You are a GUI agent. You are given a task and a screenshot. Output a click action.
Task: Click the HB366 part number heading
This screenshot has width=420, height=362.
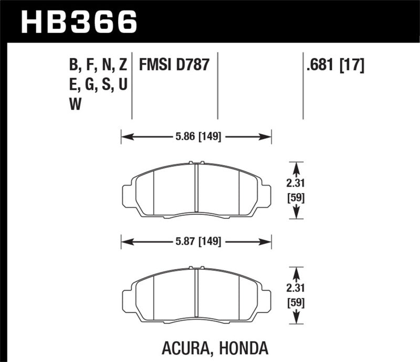(78, 21)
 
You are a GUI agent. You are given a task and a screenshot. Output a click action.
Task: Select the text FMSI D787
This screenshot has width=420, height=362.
(174, 65)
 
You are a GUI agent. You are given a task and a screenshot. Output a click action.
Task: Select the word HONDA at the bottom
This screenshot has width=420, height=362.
(247, 347)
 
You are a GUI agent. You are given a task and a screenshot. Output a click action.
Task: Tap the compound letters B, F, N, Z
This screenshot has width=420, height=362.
(98, 65)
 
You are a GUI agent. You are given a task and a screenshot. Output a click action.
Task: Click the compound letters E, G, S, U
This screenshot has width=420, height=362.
(99, 84)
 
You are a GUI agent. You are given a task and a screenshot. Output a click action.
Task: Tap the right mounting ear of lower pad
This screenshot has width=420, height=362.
(266, 300)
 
